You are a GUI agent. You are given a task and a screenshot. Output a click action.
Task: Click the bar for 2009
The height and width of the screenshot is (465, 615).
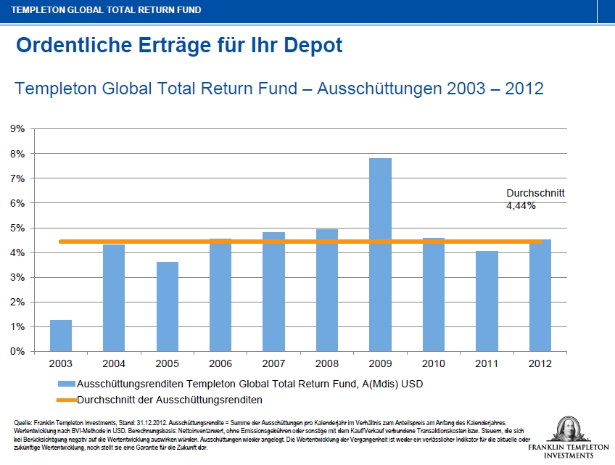(x=380, y=255)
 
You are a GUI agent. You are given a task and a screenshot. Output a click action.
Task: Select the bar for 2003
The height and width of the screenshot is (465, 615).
(x=61, y=335)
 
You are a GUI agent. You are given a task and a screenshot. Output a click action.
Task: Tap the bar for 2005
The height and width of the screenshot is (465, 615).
(x=167, y=306)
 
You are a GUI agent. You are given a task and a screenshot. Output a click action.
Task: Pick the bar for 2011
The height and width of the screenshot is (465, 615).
(x=487, y=301)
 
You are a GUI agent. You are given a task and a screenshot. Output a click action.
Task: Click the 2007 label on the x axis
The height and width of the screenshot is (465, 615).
(x=273, y=362)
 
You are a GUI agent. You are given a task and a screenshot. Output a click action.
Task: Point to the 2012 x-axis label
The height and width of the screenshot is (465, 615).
(x=540, y=362)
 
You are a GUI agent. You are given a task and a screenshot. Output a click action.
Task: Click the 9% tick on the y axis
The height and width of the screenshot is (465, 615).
(x=17, y=129)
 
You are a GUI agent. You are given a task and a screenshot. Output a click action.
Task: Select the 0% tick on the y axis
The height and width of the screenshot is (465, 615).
(x=17, y=352)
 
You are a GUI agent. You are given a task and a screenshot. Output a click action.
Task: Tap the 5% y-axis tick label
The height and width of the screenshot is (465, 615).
(x=17, y=228)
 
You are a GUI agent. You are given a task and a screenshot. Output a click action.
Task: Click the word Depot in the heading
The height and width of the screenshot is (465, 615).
(x=310, y=46)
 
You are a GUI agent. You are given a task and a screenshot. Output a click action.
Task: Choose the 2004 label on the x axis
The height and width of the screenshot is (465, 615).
(x=114, y=362)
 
